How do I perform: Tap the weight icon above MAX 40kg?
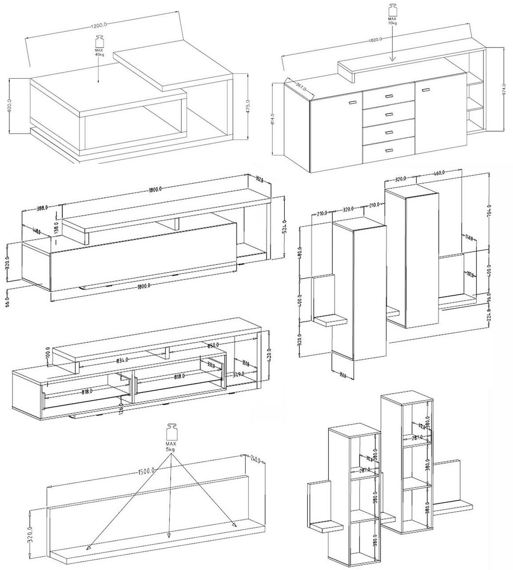pyautogui.click(x=99, y=41)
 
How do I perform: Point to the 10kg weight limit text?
pyautogui.click(x=392, y=23)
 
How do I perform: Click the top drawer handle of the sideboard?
pyautogui.click(x=389, y=96)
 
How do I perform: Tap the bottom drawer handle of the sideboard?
pyautogui.click(x=389, y=150)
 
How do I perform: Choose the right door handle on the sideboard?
pyautogui.click(x=425, y=89)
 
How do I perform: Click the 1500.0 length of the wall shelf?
pyautogui.click(x=147, y=471)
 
